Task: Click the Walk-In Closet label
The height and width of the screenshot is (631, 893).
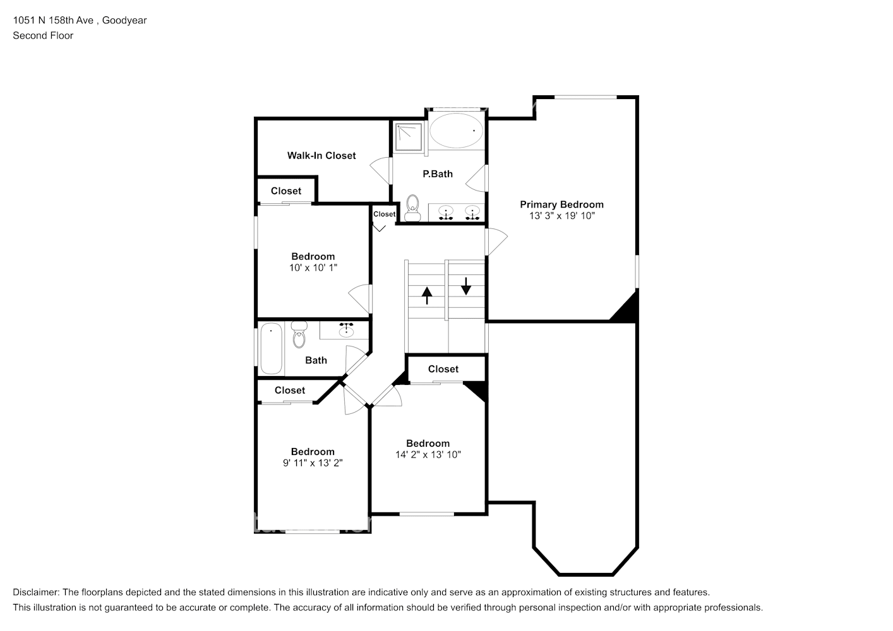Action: (321, 155)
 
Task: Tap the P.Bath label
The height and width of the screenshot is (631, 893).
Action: (438, 174)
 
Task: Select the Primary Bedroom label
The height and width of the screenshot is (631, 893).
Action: (561, 204)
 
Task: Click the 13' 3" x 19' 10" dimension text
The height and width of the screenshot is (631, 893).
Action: (561, 216)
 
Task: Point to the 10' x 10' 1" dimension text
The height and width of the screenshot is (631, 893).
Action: (313, 268)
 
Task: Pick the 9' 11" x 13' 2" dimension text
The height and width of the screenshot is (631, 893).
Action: (313, 463)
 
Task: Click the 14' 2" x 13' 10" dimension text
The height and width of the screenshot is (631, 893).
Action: (428, 454)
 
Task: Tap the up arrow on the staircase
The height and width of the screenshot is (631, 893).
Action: (427, 295)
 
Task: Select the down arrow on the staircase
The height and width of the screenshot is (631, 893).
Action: (466, 286)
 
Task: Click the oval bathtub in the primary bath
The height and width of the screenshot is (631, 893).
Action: (456, 131)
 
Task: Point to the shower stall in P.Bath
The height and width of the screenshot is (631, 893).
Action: (409, 137)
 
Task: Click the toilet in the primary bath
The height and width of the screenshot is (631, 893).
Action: (412, 208)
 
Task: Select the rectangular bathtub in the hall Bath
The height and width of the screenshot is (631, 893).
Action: (271, 348)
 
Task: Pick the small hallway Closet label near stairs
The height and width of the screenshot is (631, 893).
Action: (384, 214)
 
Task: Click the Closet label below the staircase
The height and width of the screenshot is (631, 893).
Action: (443, 369)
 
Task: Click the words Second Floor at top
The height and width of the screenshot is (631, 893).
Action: (43, 35)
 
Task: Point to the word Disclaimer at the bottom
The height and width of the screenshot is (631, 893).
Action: (36, 592)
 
